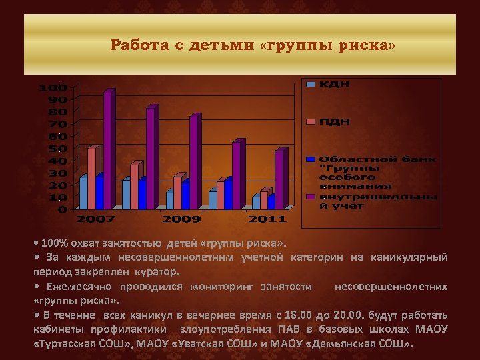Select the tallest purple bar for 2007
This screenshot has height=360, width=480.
tap(108, 150)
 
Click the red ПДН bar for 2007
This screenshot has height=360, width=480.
tap(92, 178)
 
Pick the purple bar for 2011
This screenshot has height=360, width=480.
tap(279, 180)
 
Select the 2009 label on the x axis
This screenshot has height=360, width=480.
tap(182, 219)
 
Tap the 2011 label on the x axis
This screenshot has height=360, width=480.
tap(267, 219)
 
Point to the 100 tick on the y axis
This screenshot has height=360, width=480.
tap(53, 88)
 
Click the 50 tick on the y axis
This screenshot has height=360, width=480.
tap(59, 149)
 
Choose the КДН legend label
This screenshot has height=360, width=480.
tap(334, 84)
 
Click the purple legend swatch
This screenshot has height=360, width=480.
tap(311, 197)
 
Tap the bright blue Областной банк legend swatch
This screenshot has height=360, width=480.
tap(311, 159)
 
